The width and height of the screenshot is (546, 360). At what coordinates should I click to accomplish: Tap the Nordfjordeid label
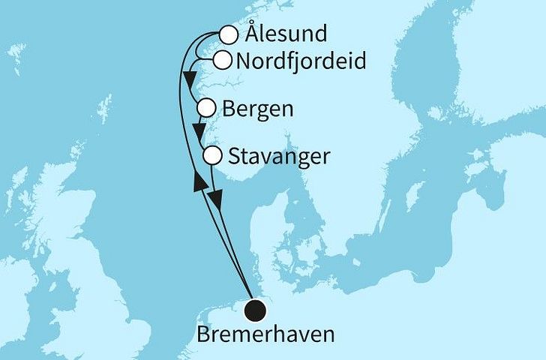click(x=301, y=61)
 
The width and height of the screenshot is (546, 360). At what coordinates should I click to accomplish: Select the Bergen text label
click(x=258, y=109)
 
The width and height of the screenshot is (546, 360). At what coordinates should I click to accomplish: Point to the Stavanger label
click(x=277, y=157)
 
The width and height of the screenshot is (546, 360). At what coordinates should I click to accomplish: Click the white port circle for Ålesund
click(x=229, y=34)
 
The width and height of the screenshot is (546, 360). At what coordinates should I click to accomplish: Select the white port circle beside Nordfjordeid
click(x=223, y=60)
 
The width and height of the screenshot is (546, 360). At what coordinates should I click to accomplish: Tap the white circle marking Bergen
click(x=208, y=109)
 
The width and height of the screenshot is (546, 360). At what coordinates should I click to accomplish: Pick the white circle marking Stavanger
click(x=214, y=156)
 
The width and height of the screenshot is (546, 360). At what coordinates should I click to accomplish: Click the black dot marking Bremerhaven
click(x=257, y=307)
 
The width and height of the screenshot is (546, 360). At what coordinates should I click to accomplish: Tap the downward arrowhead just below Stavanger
click(x=216, y=200)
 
